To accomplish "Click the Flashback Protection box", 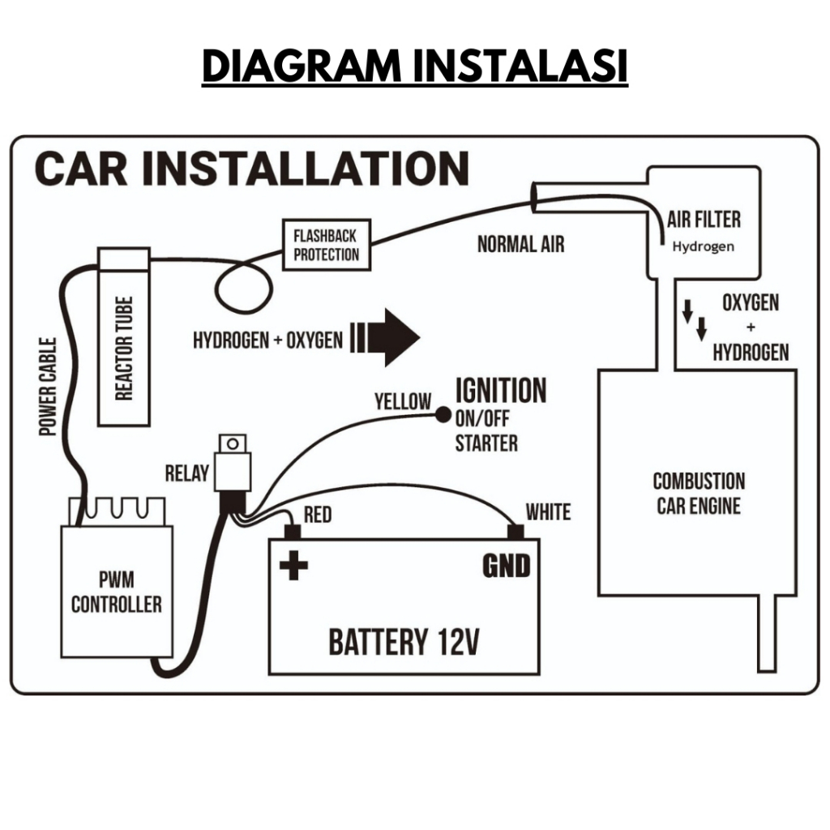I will point(326,245).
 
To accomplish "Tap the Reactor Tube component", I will point(123,337).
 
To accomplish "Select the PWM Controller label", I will point(116,593).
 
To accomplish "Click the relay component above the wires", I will point(233,463).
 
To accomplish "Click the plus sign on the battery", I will point(293,565).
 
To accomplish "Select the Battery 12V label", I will point(404,641).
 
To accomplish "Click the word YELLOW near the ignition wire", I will point(403,401).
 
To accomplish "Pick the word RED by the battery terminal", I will point(317,516).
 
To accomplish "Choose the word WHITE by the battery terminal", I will point(548,512).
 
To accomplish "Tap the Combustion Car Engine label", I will point(698,494).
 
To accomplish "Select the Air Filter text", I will point(704,220).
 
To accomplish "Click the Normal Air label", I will point(520,244).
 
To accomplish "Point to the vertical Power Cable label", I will point(49,387).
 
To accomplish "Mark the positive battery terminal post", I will point(292,532).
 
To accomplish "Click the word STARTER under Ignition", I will point(486,443).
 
